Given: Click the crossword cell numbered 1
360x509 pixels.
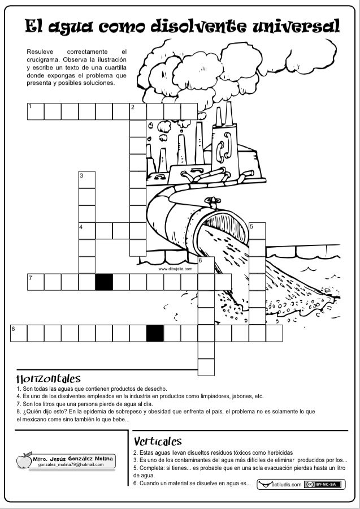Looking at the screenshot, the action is [36, 111].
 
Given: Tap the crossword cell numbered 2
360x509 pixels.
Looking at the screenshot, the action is [138, 111].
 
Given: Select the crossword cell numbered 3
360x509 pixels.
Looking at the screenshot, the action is [87, 180].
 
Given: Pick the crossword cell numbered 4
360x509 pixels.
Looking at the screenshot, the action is [87, 231].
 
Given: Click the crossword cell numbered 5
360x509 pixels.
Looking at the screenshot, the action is [257, 231].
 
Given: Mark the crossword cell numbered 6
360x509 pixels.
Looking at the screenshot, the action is [206, 265].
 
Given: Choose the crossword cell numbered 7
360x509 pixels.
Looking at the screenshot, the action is [36, 282].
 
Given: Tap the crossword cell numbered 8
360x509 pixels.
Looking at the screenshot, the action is [19, 333].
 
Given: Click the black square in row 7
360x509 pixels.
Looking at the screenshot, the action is [104, 282].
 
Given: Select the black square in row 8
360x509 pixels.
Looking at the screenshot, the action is [155, 333].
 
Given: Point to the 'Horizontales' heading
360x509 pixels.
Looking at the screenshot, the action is [49, 378].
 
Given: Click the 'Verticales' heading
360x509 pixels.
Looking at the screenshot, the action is [158, 442].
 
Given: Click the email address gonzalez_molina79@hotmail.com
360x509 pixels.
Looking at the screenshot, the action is [71, 464].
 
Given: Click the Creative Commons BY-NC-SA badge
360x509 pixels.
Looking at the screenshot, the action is [323, 484].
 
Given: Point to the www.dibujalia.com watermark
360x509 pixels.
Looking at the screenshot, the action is [175, 269].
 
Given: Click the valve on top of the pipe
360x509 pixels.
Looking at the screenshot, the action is [212, 202].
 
